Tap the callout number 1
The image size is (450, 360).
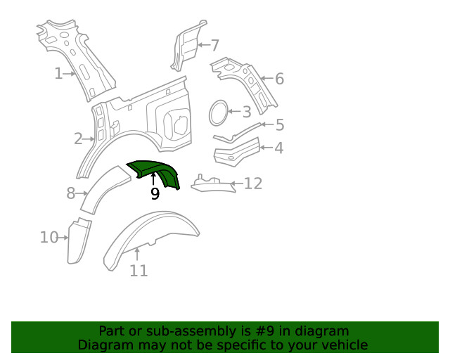pos(59,72)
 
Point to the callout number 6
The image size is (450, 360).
pos(279,79)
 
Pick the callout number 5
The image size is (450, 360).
pos(280,125)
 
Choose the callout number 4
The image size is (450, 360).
pos(279,148)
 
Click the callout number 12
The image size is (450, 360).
pos(253,184)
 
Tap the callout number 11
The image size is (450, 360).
pos(139,270)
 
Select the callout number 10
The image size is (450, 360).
pos(49,238)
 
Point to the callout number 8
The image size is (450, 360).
pos(71,193)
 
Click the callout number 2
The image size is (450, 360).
pos(79,139)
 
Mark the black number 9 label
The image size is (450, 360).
pos(155,194)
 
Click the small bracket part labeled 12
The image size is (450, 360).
pos(211,184)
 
